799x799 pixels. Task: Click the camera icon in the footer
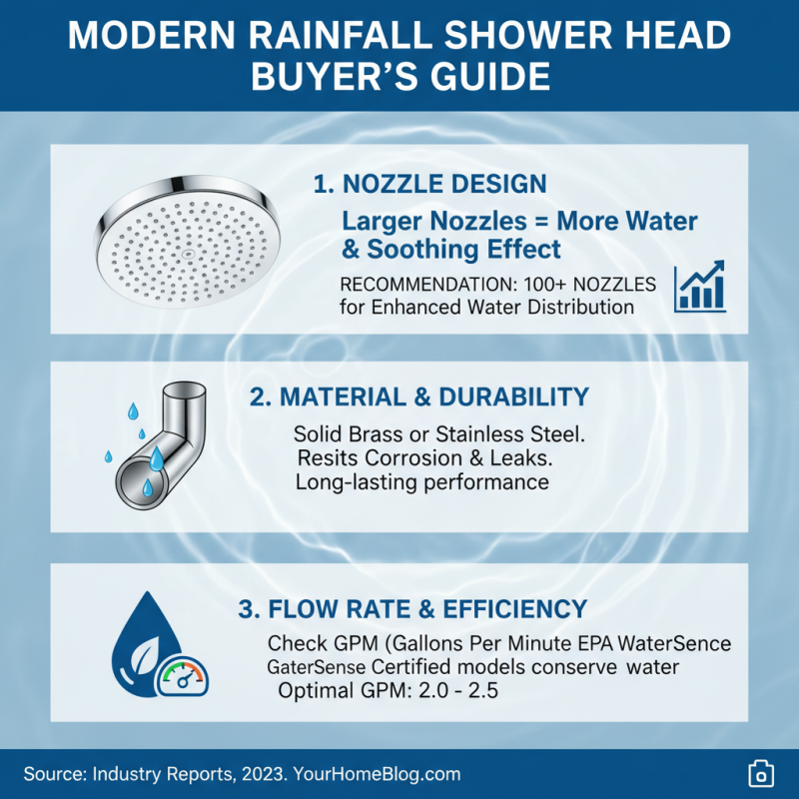(x=761, y=774)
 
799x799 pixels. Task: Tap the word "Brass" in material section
(x=379, y=435)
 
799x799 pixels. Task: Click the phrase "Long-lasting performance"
(x=421, y=483)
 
